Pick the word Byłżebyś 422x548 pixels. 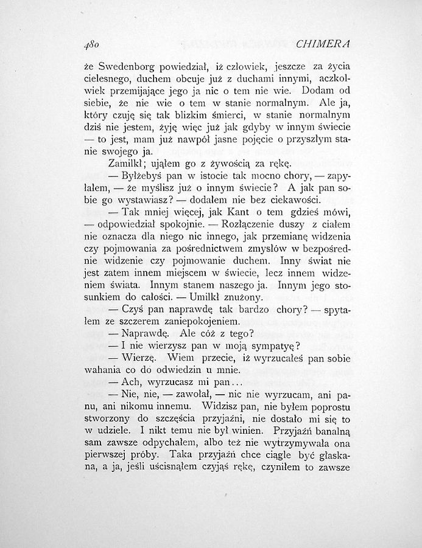(142, 176)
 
